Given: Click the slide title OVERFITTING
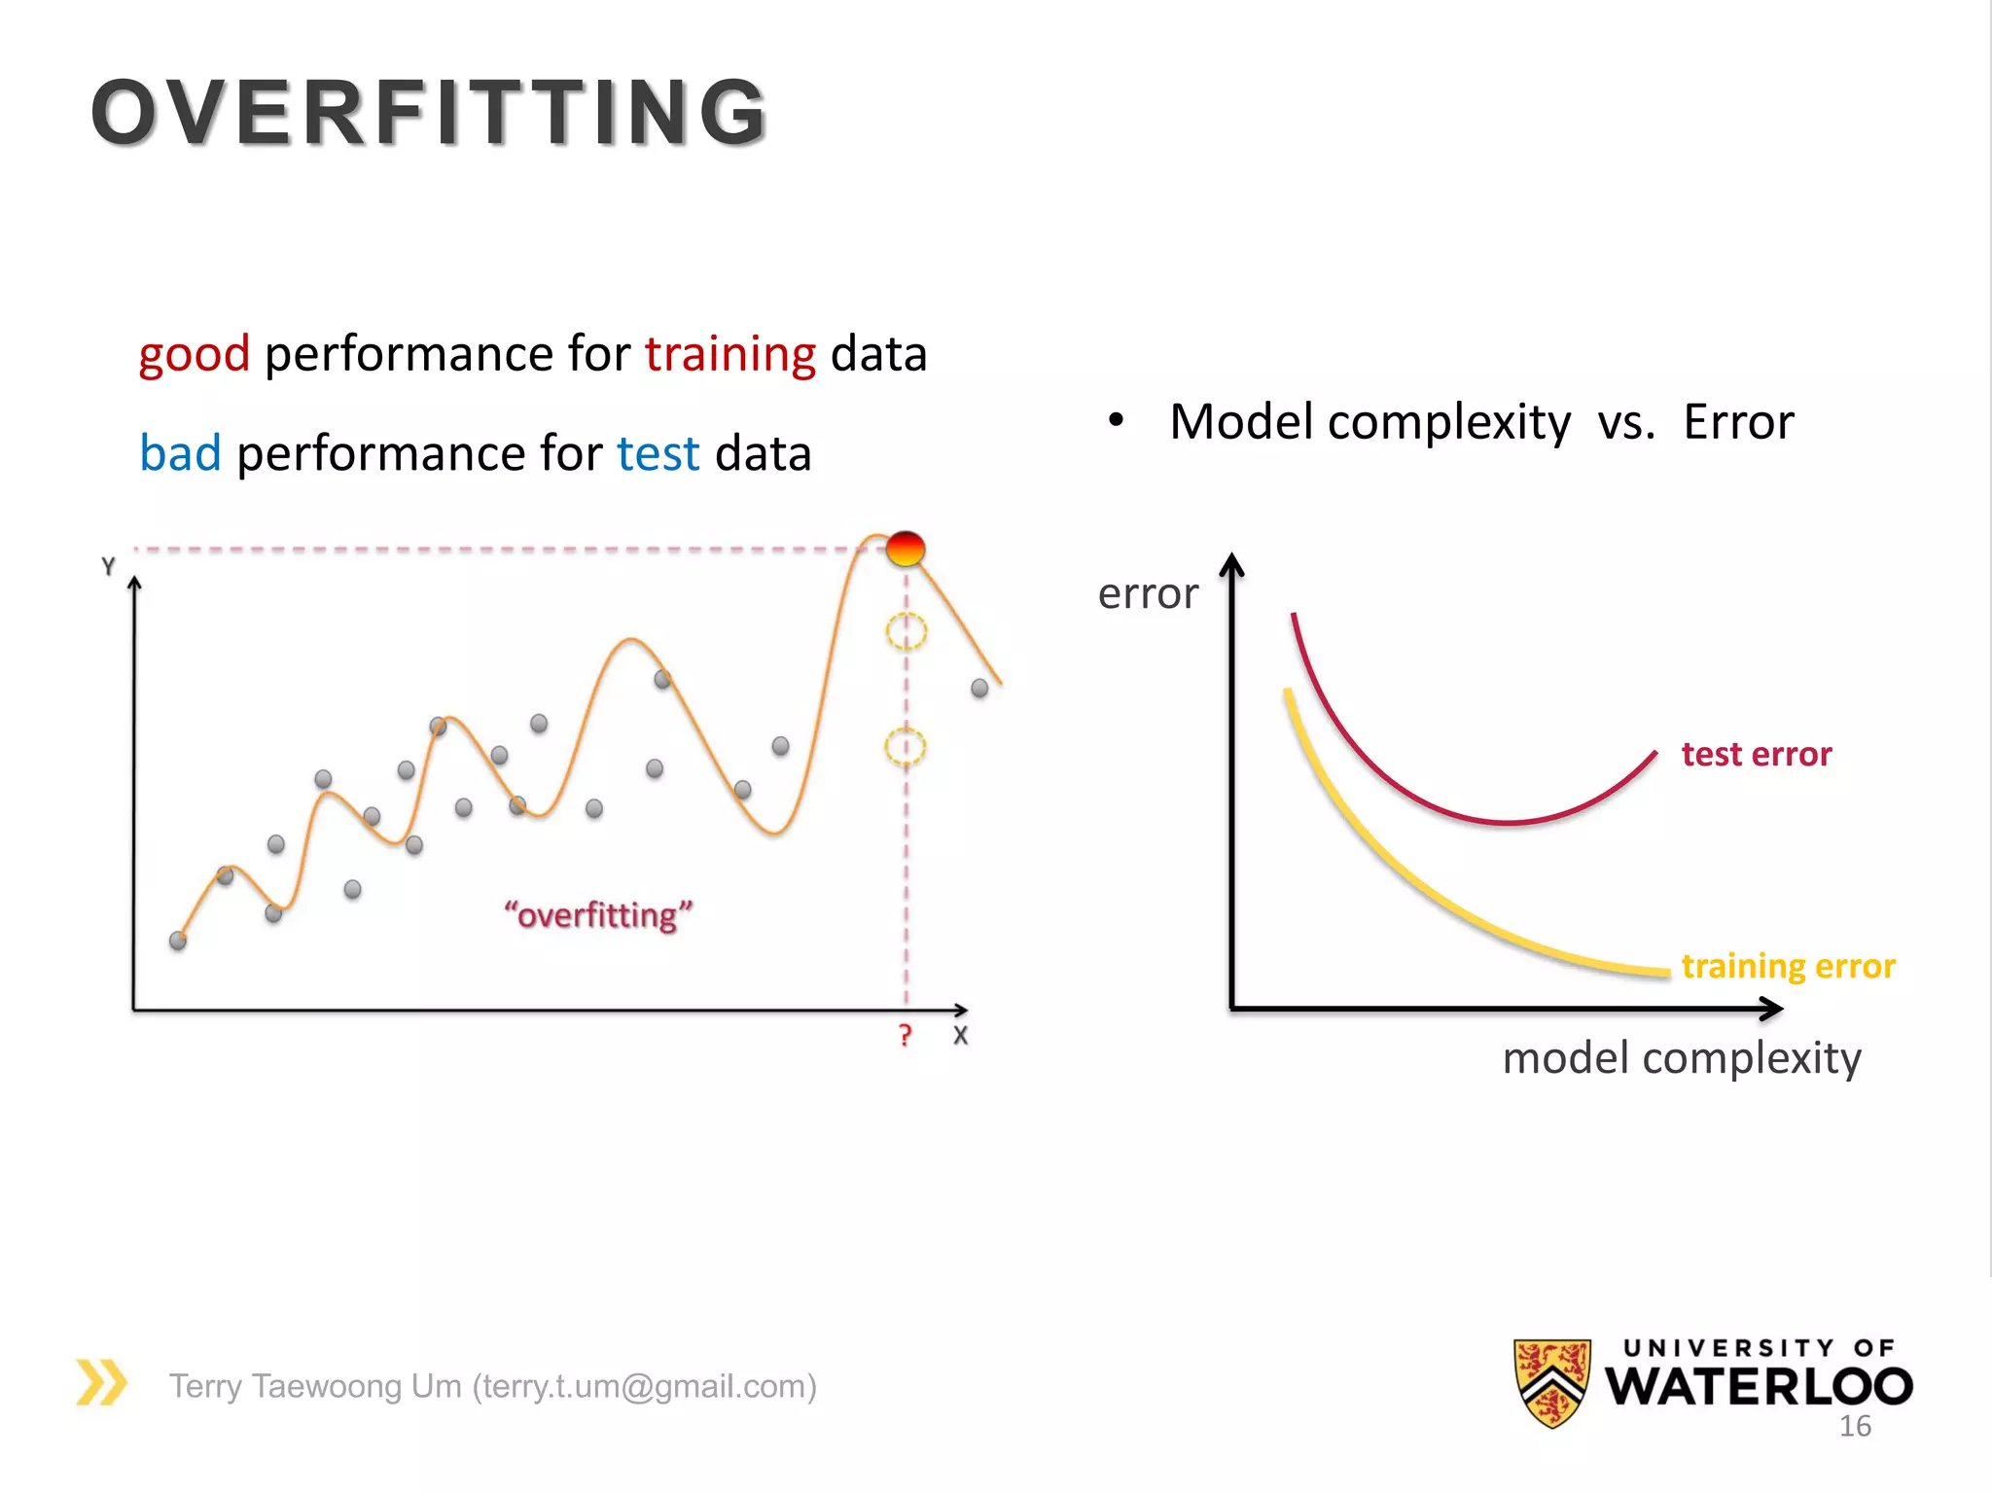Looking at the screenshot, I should (x=429, y=113).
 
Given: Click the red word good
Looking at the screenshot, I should (x=195, y=354).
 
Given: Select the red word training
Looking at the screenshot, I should (x=729, y=354).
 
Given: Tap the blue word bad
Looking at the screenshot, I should (x=180, y=453).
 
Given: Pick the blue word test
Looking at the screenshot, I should (x=658, y=453).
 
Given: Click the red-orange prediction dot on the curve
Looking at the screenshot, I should (x=906, y=549).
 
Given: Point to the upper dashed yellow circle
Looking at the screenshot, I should (x=906, y=631).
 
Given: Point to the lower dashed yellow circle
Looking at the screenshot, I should (x=905, y=747).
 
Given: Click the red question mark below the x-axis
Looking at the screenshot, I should (x=906, y=1035).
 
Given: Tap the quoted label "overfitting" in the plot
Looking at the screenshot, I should (x=598, y=914).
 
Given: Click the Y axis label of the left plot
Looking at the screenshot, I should (x=108, y=566).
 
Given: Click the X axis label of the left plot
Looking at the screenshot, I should (x=960, y=1036).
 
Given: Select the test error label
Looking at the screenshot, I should (x=1756, y=755).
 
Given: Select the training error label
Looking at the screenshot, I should (x=1788, y=966).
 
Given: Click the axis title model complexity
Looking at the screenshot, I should (x=1681, y=1058).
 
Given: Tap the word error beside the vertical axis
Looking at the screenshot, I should (x=1148, y=593).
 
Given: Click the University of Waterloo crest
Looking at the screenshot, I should (x=1552, y=1382).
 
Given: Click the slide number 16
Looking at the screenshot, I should (x=1854, y=1426).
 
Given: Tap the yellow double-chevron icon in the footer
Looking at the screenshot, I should (x=101, y=1382).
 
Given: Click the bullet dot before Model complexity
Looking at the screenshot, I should (x=1116, y=420).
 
